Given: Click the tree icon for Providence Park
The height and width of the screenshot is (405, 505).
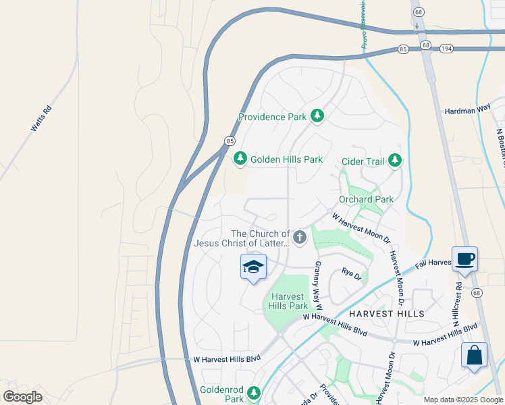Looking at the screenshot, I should (x=317, y=117).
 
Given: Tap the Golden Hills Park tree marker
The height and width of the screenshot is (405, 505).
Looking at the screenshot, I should (x=240, y=159).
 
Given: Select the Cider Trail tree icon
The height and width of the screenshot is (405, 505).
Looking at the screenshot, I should (x=395, y=161).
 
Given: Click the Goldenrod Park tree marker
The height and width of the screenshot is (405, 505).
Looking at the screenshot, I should (x=254, y=393).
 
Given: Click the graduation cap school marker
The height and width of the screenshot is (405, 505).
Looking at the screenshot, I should (x=253, y=268).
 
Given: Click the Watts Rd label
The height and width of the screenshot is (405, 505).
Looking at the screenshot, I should (x=41, y=118).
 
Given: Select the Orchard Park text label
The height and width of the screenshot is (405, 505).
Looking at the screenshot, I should (x=366, y=199).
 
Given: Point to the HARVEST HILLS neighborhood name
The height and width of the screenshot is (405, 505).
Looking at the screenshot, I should (x=387, y=314).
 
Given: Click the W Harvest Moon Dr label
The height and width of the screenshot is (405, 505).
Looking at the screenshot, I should (x=362, y=228).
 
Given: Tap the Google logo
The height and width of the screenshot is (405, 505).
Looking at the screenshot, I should (x=23, y=396).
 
